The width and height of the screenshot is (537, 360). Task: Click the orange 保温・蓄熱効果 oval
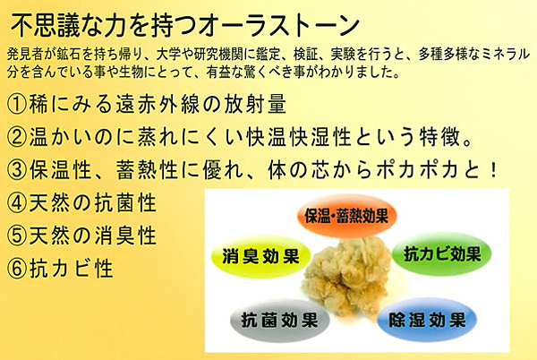point(346,216)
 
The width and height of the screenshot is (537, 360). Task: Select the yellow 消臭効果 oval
point(261,256)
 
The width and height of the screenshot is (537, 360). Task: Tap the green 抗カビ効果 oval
point(442,253)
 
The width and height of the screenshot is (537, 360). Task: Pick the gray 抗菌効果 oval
point(280,321)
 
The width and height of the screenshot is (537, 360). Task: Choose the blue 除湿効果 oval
point(427,320)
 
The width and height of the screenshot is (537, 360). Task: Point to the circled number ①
point(17,104)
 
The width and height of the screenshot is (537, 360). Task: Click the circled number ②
point(17,137)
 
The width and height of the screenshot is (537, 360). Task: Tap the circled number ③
point(17,170)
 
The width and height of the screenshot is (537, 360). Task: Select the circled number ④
point(17,203)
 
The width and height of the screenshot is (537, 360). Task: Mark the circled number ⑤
point(17,236)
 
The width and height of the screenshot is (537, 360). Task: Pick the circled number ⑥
point(17,269)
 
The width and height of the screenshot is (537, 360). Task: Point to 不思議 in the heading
point(46,26)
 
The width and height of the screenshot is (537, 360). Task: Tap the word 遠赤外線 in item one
point(158,104)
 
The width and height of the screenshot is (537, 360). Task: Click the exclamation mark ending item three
point(493,170)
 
